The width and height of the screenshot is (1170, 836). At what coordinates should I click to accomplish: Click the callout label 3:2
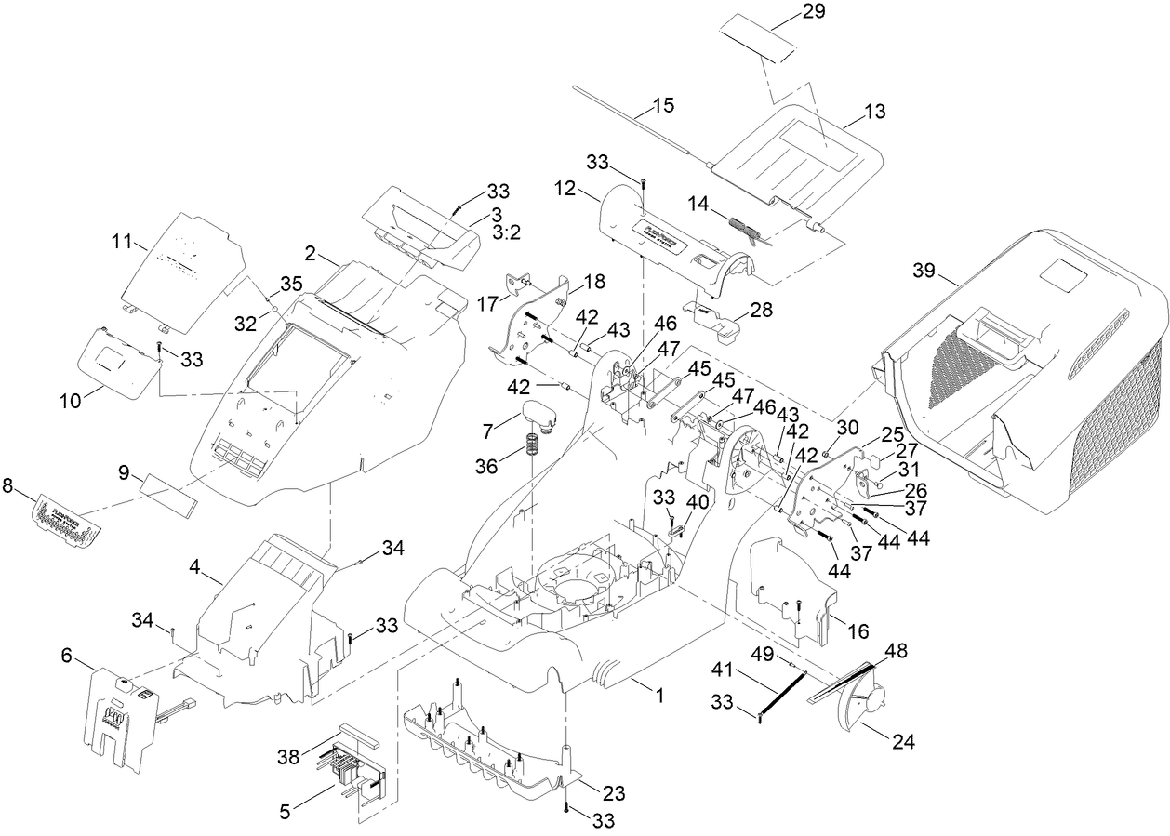coord(506,232)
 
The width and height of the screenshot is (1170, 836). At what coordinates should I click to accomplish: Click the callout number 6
coord(66,656)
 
